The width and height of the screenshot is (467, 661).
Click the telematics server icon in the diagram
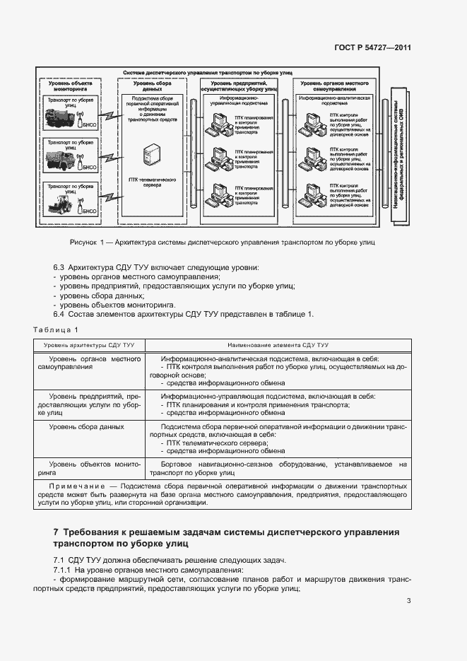[x=152, y=154]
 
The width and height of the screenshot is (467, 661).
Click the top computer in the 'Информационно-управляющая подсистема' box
[x=215, y=125]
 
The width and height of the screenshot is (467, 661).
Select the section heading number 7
[x=56, y=532]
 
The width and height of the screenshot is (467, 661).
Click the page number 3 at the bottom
[x=408, y=602]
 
